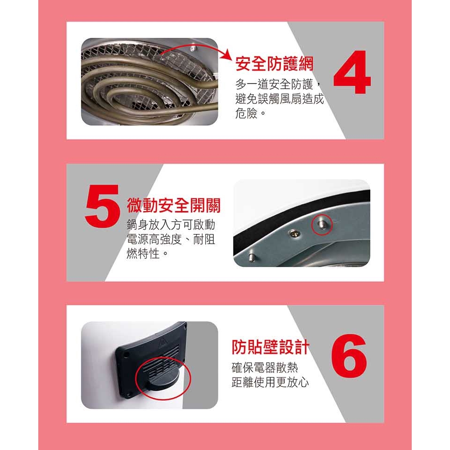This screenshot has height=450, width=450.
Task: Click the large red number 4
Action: pyautogui.click(x=352, y=72)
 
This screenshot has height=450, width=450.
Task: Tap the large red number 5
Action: pyautogui.click(x=102, y=206)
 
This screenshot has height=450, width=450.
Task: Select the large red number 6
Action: pyautogui.click(x=349, y=356)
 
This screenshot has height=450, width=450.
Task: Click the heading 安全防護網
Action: pyautogui.click(x=274, y=63)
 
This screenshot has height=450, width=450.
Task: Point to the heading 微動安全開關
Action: pyautogui.click(x=174, y=205)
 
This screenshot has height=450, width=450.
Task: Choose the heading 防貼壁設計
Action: pyautogui.click(x=270, y=347)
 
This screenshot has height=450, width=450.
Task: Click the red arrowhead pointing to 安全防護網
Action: pyautogui.click(x=227, y=54)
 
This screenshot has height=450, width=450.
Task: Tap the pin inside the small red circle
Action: pyautogui.click(x=322, y=224)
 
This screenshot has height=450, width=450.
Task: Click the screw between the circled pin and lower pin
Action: pyautogui.click(x=294, y=233)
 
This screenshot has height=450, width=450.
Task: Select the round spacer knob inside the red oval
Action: pyautogui.click(x=163, y=380)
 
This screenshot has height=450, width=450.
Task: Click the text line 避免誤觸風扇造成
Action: pyautogui.click(x=280, y=98)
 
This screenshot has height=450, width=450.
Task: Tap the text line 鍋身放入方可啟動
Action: pyautogui.click(x=171, y=225)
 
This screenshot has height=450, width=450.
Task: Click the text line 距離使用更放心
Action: pyautogui.click(x=270, y=382)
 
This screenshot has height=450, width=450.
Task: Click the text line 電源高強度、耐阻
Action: pyautogui.click(x=171, y=239)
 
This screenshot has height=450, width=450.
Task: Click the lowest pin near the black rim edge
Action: pyautogui.click(x=252, y=257)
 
